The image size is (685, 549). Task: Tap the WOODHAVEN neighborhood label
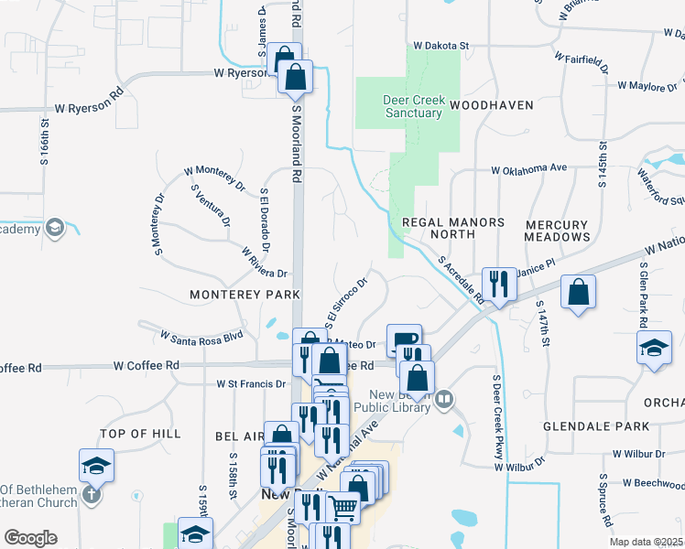tap(491, 105)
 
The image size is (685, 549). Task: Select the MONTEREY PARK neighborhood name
tap(245, 295)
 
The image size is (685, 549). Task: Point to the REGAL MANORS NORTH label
tap(452, 229)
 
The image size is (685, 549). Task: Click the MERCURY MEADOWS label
tap(557, 231)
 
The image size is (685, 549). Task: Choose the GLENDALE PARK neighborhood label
tap(596, 426)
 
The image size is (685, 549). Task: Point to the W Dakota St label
tap(440, 44)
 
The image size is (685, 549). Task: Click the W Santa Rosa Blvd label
tap(201, 336)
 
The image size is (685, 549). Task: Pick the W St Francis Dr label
tap(250, 383)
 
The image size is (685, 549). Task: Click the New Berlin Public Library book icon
tap(444, 398)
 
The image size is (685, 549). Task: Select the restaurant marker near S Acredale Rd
tap(499, 283)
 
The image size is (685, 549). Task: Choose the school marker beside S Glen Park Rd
tap(654, 349)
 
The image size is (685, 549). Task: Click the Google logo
tap(30, 538)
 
